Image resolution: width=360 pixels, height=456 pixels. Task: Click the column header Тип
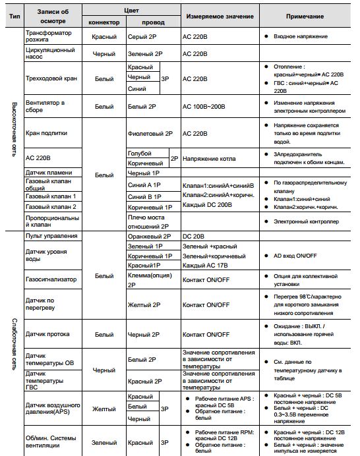click(12, 16)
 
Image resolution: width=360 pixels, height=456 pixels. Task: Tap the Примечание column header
click(305, 16)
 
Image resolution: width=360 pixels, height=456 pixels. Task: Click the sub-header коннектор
click(104, 22)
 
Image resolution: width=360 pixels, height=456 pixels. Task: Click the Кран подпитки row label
click(46, 132)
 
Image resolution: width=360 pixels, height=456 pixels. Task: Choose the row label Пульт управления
click(52, 236)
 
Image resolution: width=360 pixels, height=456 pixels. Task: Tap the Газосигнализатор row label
click(51, 279)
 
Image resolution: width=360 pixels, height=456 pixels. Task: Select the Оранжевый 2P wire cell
click(148, 236)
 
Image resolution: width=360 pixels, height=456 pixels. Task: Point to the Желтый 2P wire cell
click(143, 305)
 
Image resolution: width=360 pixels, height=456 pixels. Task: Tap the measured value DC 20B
click(195, 236)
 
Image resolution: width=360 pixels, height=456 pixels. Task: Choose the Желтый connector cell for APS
click(104, 409)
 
